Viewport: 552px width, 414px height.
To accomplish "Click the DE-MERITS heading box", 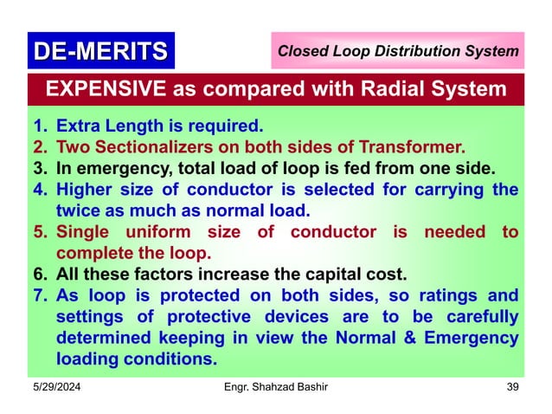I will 99,51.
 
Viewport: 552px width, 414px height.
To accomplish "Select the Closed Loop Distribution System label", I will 398,52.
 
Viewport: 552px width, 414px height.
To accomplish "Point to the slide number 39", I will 512,386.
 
